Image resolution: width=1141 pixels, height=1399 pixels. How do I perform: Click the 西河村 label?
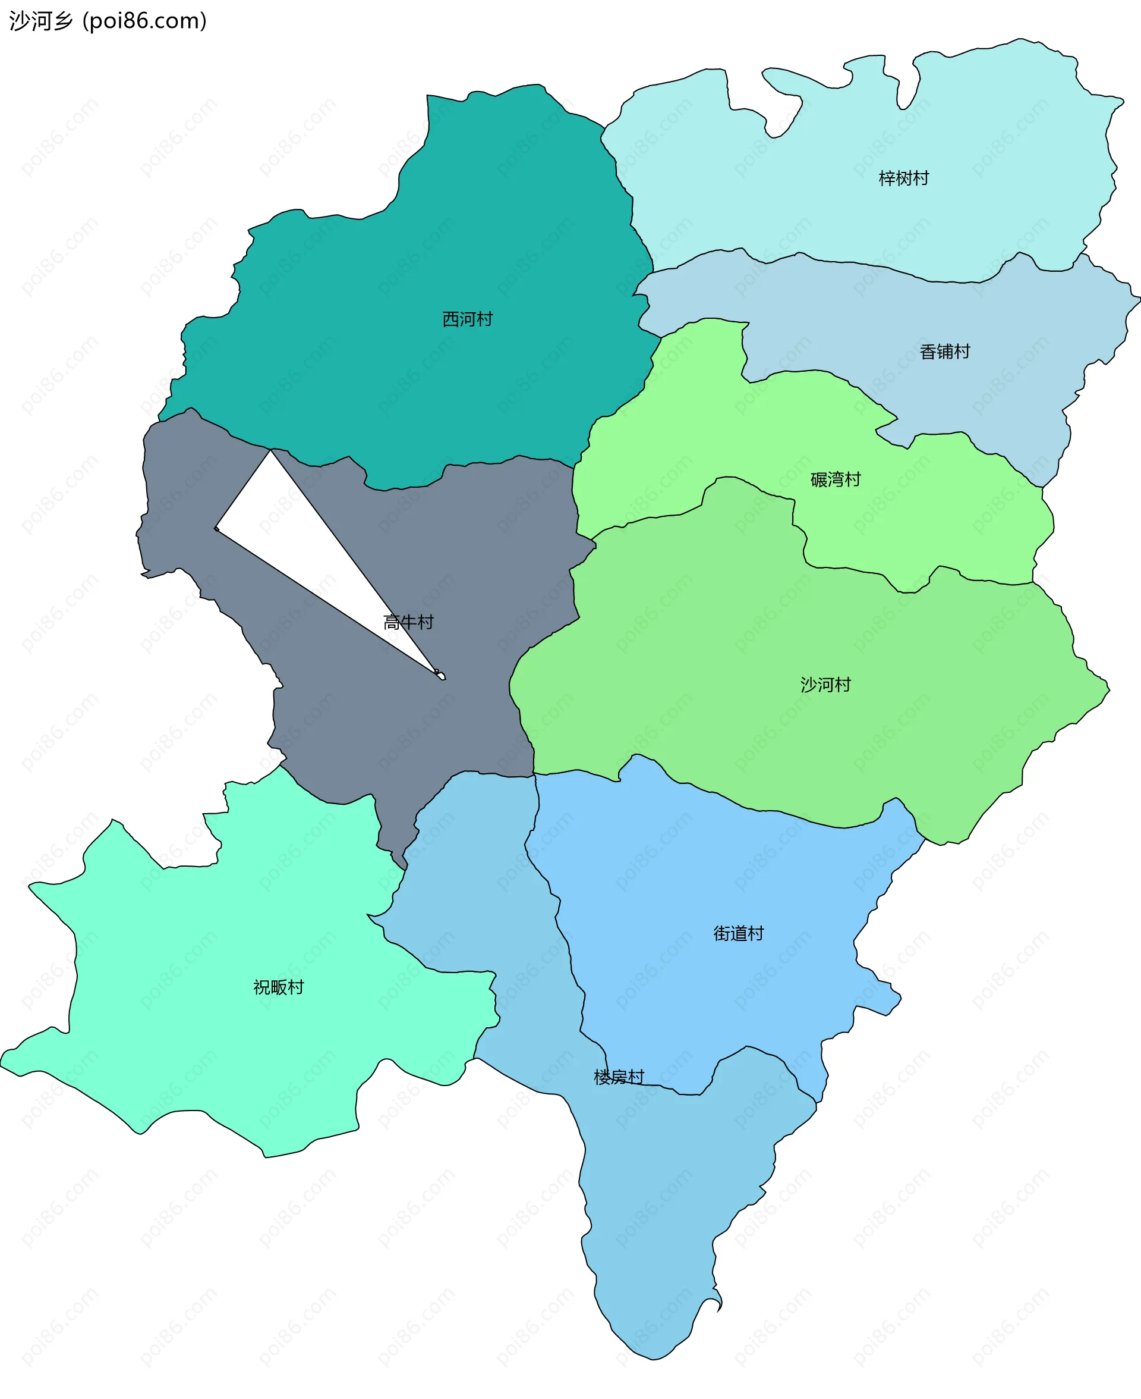pos(467,319)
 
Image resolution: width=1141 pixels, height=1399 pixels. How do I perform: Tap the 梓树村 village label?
pos(904,179)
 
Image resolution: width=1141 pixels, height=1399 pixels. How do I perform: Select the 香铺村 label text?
pos(944,352)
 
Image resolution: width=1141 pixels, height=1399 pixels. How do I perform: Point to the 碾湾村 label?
pos(836,479)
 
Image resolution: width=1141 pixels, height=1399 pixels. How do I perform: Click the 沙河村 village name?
pos(825,685)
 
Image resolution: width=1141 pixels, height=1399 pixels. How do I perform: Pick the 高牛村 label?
pos(408,622)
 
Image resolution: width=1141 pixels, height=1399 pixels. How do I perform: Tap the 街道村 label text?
pos(739,933)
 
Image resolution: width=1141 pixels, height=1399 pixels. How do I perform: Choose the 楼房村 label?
pos(619,1077)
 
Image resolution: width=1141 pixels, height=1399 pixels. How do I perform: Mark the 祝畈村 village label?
pos(279,987)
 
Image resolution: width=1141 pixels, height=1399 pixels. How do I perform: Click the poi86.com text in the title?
pos(144,21)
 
